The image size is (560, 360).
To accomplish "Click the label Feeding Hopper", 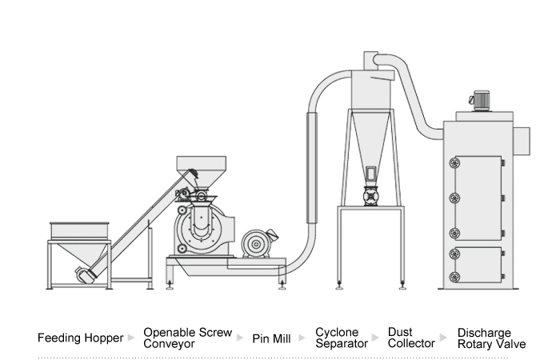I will point(81,338).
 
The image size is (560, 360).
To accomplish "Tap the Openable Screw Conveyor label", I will point(187,338).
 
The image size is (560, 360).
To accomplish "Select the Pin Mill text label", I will point(271,338).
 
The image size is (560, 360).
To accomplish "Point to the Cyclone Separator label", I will point(342,338).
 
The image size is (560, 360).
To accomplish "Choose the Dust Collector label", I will point(411,338).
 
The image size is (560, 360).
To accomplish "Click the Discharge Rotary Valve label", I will point(491,338).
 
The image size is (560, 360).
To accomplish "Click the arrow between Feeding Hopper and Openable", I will point(132,338).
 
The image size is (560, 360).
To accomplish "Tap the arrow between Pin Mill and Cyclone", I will point(302,338).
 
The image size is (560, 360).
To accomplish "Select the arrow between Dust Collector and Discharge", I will point(446,338).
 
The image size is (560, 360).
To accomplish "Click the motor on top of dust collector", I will point(482,99).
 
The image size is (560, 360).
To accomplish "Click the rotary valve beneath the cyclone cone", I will point(372,194).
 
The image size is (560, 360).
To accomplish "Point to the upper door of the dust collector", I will point(478,196).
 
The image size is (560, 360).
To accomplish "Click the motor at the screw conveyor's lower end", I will point(86,274).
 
